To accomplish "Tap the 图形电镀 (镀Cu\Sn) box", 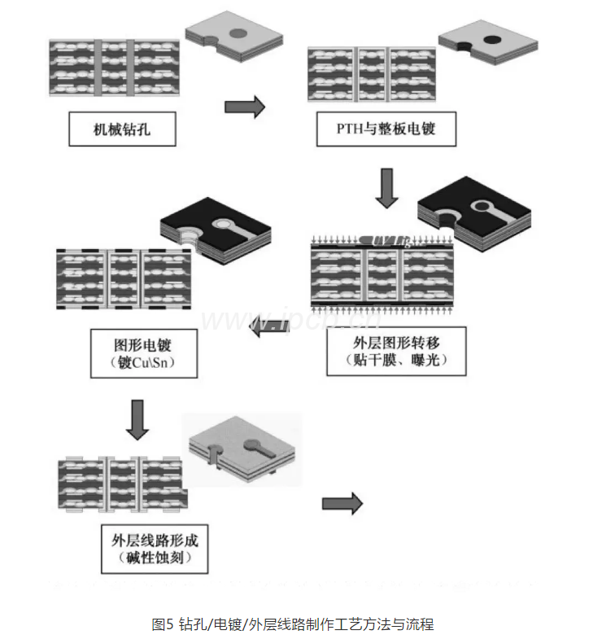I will (143, 352).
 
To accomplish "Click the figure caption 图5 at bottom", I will (293, 624).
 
